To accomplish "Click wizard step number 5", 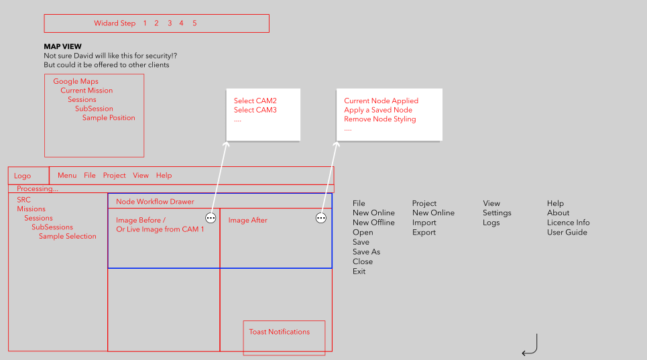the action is (x=194, y=23).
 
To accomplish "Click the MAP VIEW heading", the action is (x=63, y=47).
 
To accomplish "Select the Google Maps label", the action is (x=76, y=81).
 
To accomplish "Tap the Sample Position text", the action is (x=109, y=117).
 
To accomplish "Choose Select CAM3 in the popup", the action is (x=255, y=110).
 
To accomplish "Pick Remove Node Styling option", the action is (x=380, y=119).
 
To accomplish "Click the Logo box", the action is (x=28, y=176).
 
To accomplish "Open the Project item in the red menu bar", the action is (x=114, y=175).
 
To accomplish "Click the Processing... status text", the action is (x=37, y=189).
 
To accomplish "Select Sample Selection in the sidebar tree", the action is (x=67, y=236).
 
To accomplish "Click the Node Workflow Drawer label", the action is (x=155, y=202).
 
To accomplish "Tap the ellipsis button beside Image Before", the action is (x=211, y=218).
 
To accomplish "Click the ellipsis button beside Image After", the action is (x=321, y=218).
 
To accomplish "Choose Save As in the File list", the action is (x=366, y=252).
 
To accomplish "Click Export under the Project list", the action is (x=424, y=233).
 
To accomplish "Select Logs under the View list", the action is (x=491, y=223).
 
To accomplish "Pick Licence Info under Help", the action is (x=568, y=223).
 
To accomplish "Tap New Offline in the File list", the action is (x=373, y=223).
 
